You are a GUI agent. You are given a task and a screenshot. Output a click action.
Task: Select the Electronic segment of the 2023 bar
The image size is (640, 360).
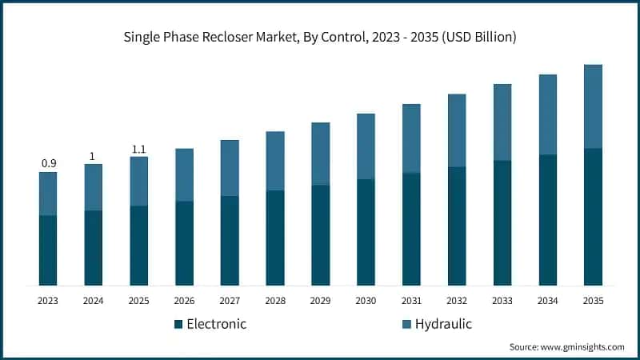(x=48, y=250)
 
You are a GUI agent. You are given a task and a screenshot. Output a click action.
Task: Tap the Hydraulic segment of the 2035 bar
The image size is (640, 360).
(x=593, y=106)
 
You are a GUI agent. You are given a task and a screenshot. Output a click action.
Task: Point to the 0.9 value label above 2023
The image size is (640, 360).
(x=48, y=163)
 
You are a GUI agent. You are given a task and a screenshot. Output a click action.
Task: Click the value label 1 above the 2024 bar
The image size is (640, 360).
(x=93, y=156)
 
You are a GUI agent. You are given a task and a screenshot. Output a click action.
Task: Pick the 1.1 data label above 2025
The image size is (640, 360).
(x=138, y=149)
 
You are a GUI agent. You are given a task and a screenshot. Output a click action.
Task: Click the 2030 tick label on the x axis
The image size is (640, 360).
(x=366, y=301)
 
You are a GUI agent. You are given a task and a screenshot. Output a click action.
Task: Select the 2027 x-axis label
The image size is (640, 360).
(x=230, y=301)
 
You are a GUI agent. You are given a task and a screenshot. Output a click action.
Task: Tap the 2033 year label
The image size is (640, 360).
(x=502, y=301)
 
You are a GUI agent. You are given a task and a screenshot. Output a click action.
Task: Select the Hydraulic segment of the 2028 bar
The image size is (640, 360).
(x=275, y=161)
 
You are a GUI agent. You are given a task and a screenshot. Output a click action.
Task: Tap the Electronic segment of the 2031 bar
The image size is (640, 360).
(x=411, y=229)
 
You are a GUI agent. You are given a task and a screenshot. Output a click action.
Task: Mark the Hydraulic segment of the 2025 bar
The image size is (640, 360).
(x=138, y=181)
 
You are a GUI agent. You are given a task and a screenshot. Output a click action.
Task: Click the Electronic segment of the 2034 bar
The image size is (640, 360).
(x=547, y=220)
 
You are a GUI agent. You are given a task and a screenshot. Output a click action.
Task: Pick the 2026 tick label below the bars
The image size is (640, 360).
(x=184, y=301)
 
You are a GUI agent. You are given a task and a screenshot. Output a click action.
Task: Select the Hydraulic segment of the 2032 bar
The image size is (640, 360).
(x=457, y=130)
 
